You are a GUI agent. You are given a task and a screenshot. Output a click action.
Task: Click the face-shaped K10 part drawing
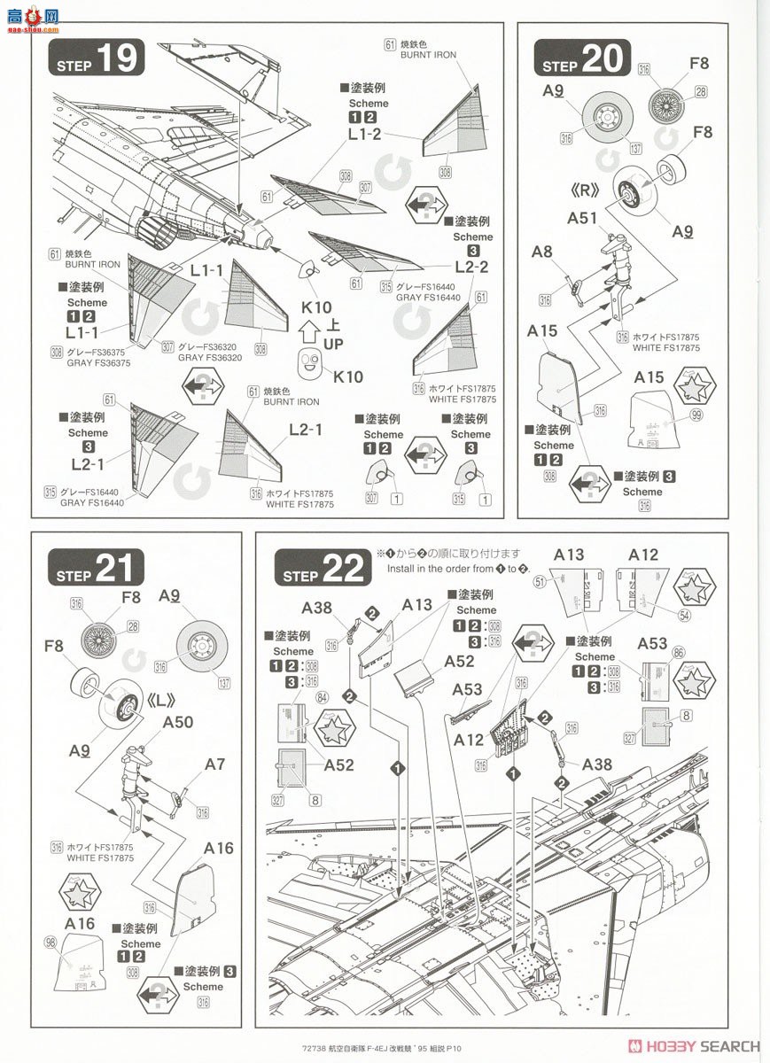[309, 363]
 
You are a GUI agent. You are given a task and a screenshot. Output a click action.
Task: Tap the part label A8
[541, 252]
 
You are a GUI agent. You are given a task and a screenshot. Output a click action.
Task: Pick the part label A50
[178, 722]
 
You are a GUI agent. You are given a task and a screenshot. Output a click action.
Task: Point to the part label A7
[215, 763]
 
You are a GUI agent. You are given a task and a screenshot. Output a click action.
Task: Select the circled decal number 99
[696, 415]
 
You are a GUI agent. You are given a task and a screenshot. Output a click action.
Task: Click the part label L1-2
[364, 135]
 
